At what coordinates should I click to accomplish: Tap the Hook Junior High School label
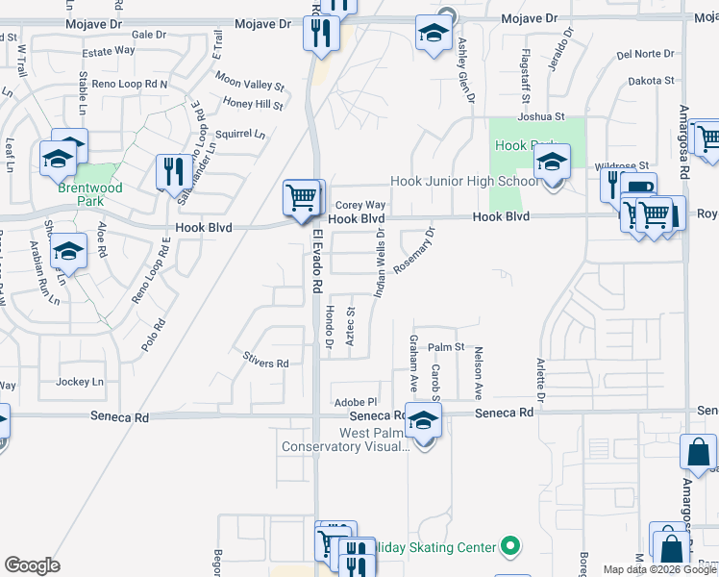pos(464,181)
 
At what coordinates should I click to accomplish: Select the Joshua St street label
pos(540,116)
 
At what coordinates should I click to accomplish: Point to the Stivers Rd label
pos(266,364)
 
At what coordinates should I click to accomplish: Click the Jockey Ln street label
pos(80,382)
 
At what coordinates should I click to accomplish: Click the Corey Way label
pos(360,205)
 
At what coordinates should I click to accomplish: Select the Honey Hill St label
pos(253,104)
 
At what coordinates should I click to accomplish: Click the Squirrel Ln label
pos(239,134)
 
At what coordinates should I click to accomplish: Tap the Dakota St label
pos(646,81)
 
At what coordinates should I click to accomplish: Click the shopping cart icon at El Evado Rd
pos(302,198)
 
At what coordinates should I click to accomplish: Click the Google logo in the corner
pos(32,565)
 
